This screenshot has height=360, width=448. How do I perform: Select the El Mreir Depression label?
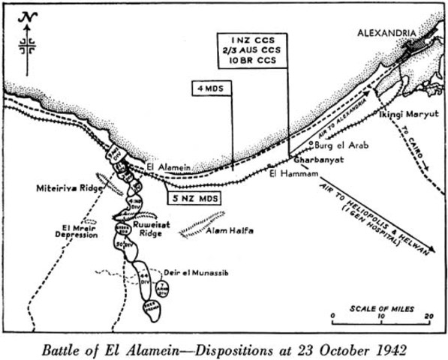[x=75, y=229]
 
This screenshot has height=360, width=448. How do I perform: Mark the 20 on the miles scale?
[x=427, y=317]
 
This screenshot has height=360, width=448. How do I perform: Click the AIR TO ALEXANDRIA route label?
[x=337, y=119]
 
